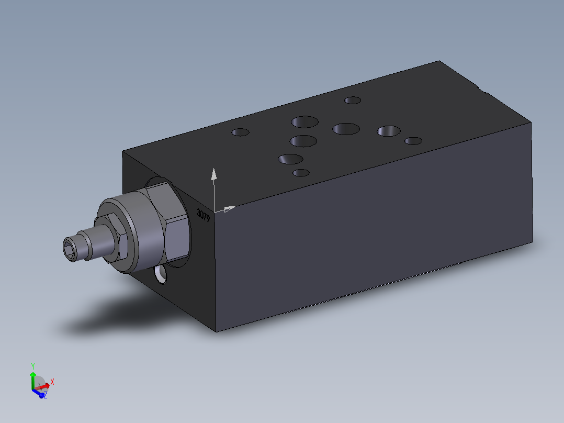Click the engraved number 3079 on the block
[x=203, y=214]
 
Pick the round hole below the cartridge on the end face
[x=160, y=274]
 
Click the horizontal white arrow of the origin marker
[x=228, y=209]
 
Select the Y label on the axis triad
[x=32, y=366]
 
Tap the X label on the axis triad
[x=52, y=382]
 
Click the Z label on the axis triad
[x=46, y=395]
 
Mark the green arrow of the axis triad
[x=33, y=378]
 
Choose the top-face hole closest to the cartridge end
[x=241, y=132]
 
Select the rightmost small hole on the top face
[x=413, y=141]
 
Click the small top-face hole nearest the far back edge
[x=353, y=100]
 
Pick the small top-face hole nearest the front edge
[x=301, y=173]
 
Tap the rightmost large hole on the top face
[x=389, y=131]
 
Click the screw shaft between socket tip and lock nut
[x=92, y=244]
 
